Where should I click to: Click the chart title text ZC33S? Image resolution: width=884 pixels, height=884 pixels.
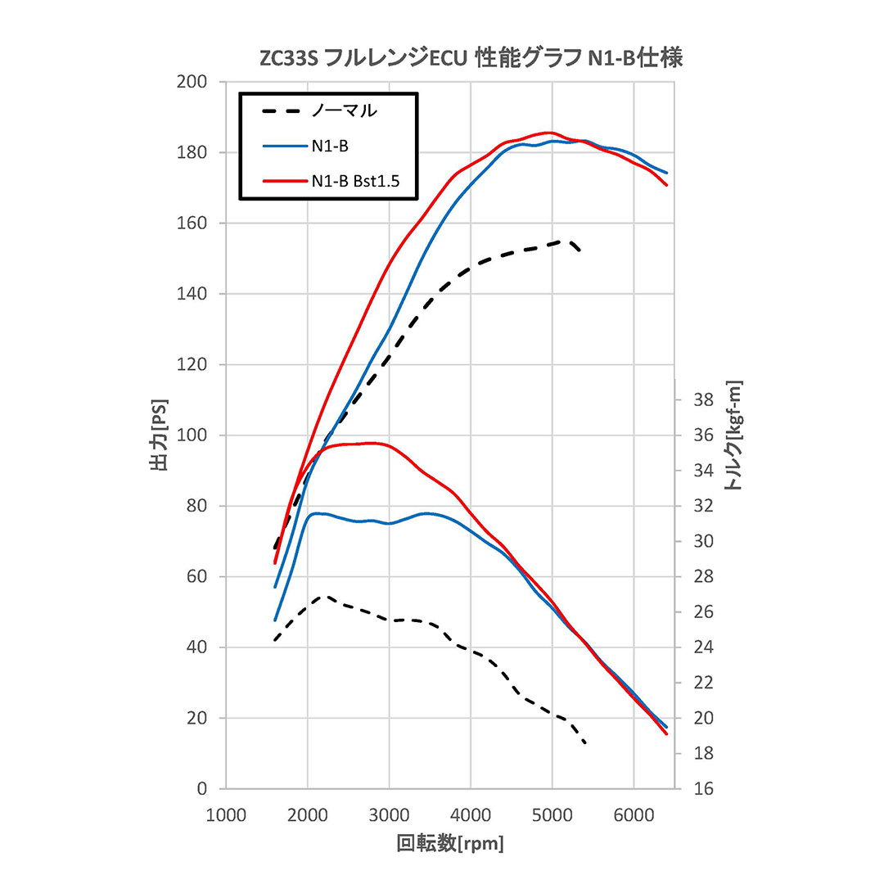click(290, 59)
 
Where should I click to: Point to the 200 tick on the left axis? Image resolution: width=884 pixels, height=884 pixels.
click(192, 82)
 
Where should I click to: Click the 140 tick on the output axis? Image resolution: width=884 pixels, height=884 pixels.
click(192, 294)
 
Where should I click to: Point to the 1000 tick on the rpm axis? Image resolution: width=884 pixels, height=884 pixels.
click(225, 815)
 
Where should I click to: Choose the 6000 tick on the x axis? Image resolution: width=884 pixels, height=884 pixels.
click(634, 815)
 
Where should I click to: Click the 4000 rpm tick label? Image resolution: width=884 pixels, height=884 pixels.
click(471, 815)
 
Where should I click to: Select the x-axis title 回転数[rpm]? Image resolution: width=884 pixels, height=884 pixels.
click(449, 843)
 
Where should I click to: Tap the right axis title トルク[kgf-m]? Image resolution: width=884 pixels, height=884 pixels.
click(733, 435)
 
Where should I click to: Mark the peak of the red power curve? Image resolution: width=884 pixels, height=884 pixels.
click(548, 133)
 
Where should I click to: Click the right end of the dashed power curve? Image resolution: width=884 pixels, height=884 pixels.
click(580, 250)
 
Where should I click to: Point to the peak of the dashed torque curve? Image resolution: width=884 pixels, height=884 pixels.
click(326, 597)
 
